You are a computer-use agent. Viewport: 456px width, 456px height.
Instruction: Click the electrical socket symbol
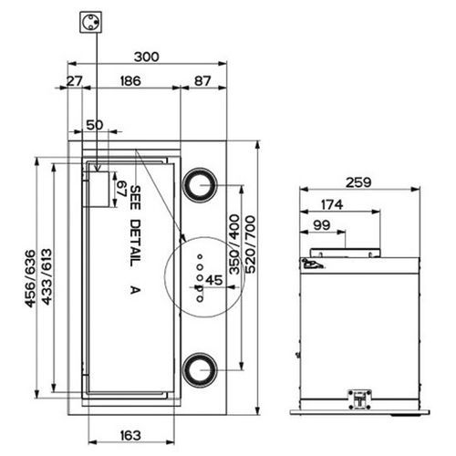(90, 22)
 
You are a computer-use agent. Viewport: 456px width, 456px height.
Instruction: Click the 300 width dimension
(147, 57)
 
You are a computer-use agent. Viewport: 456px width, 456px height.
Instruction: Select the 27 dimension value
(74, 81)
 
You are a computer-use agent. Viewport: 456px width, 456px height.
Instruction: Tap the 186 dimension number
(130, 81)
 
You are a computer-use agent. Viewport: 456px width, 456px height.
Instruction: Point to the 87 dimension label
(202, 81)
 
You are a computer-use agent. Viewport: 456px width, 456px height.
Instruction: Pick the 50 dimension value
(95, 125)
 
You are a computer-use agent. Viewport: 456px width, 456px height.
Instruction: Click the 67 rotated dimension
(122, 189)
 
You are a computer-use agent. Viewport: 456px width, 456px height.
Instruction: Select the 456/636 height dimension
(30, 278)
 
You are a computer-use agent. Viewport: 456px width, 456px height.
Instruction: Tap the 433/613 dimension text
(47, 276)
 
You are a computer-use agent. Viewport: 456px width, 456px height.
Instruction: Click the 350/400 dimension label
(234, 244)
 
